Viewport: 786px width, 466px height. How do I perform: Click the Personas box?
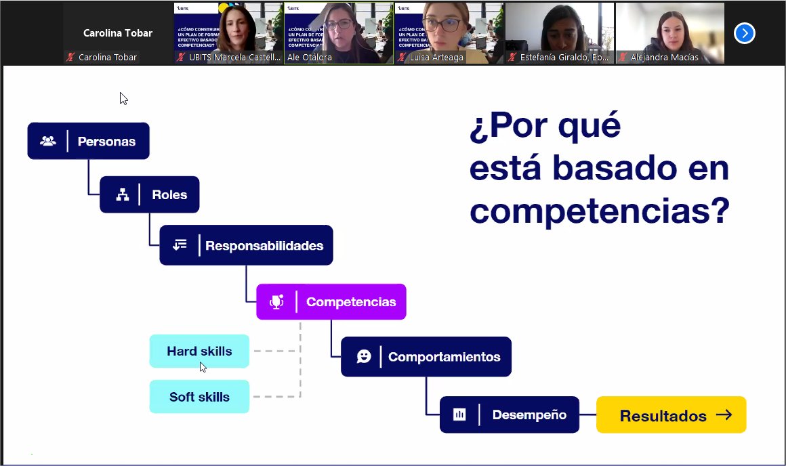[88, 141]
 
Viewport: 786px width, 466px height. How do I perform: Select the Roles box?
[149, 194]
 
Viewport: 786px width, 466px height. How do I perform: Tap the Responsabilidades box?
[246, 245]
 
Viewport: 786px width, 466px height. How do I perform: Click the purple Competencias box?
[331, 301]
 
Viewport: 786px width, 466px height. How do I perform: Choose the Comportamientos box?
[426, 356]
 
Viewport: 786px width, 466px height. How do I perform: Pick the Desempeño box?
[509, 415]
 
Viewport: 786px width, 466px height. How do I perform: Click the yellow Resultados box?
[671, 415]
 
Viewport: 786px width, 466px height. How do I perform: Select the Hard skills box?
[199, 351]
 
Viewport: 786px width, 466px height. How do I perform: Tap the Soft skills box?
[199, 397]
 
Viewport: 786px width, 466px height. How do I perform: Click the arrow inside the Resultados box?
[724, 415]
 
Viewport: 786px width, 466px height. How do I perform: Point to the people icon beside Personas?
[48, 141]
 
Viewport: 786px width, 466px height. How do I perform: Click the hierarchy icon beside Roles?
[123, 195]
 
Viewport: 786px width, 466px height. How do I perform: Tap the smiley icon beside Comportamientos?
[364, 356]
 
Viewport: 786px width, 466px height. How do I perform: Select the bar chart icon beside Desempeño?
[459, 415]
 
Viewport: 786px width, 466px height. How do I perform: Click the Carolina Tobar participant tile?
[117, 33]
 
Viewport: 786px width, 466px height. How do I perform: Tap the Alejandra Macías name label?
[664, 58]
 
